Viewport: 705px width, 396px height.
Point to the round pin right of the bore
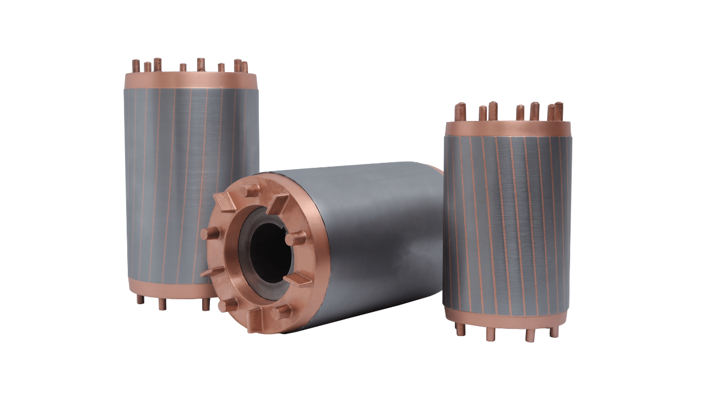pos(295,238)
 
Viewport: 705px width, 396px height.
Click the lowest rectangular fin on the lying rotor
pos(254,319)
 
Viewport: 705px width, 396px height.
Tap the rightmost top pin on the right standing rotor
pos(558,111)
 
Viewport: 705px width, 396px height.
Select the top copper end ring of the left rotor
pos(191,80)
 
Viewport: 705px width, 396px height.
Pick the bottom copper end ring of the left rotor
pos(165,287)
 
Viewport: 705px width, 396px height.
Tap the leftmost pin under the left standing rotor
pos(140,299)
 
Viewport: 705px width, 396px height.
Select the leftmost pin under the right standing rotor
pos(460,329)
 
